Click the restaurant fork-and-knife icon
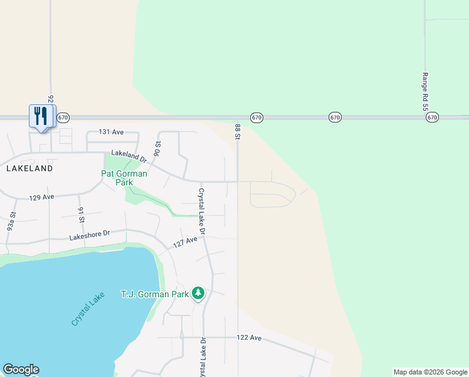click(x=39, y=116)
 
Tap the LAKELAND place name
click(x=29, y=168)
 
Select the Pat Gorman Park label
click(x=124, y=178)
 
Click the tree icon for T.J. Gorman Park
click(x=198, y=293)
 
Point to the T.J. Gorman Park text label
click(x=154, y=294)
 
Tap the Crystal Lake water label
click(x=88, y=309)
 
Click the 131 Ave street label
click(x=111, y=133)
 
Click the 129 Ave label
click(x=41, y=197)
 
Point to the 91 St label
click(x=81, y=215)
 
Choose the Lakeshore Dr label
click(x=89, y=234)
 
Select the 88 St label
click(x=238, y=131)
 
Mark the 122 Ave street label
click(x=249, y=337)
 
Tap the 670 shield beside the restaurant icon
click(x=63, y=117)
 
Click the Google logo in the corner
click(x=20, y=369)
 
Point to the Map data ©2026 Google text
click(x=430, y=372)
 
